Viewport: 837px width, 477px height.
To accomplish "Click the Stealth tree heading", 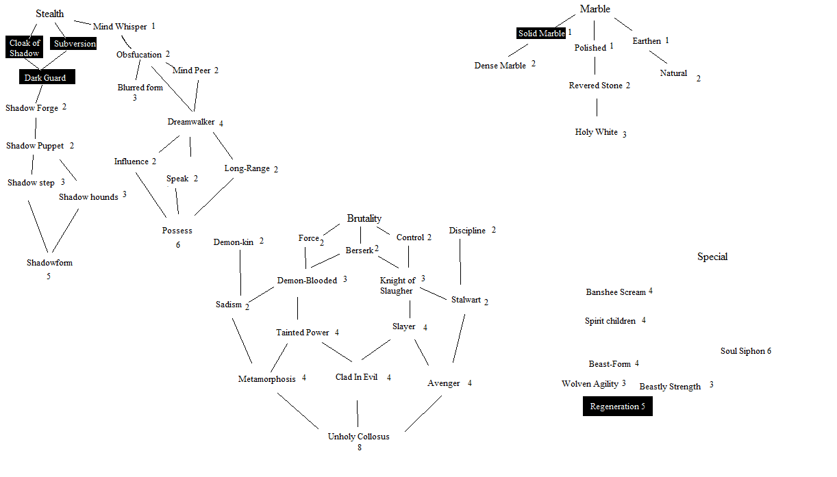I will click(50, 14).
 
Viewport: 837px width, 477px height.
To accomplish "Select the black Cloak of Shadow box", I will click(25, 48).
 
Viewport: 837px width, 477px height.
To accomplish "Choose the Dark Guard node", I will click(46, 77).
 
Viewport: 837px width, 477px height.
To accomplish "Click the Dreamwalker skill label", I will click(191, 123).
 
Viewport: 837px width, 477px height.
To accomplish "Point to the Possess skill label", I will click(177, 231).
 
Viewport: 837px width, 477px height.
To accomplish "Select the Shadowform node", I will click(49, 263).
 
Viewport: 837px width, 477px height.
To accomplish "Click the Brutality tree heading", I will click(364, 218).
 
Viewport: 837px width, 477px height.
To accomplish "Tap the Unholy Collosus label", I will click(358, 437).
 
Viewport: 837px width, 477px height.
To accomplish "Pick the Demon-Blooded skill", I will click(307, 281).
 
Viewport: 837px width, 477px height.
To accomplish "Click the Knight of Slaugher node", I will click(397, 285).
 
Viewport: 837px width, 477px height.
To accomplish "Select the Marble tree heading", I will click(595, 9).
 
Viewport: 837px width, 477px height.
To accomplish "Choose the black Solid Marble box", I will click(541, 33).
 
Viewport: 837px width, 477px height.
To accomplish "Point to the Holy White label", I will click(596, 132).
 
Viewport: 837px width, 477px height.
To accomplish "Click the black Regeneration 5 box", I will click(617, 407).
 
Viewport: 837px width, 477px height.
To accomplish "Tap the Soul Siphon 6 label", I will click(745, 351).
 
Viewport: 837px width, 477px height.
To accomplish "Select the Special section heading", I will click(712, 257).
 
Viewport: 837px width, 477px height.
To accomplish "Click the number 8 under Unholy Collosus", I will click(359, 448).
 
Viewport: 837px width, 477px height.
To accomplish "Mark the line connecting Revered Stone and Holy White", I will click(597, 107).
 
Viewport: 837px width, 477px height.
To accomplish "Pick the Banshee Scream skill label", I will click(616, 292).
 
